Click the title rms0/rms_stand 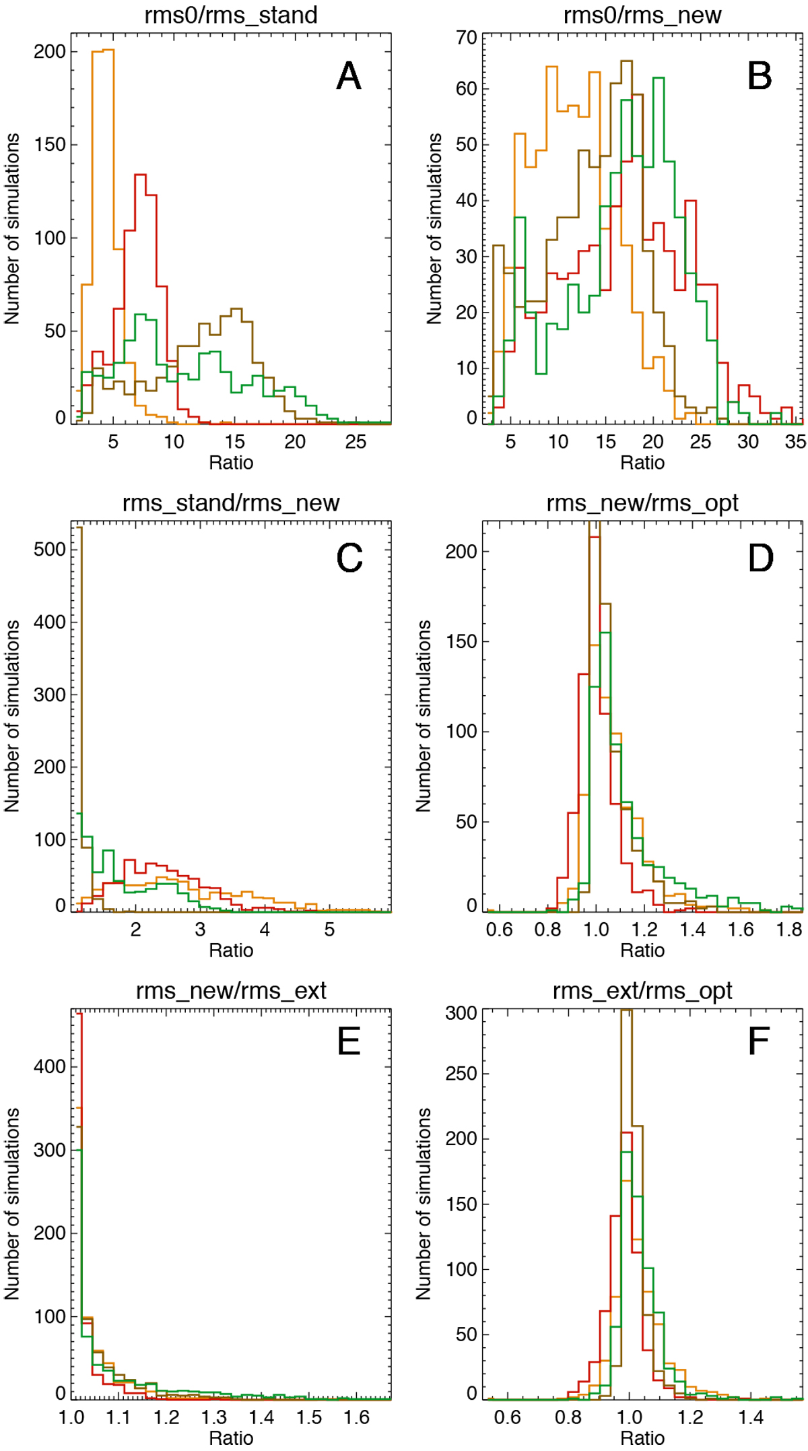231,15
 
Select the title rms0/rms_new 642,15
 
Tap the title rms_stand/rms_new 231,503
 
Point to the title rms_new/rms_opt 642,503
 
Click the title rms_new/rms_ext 231,991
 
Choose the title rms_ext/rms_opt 642,991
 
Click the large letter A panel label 349,76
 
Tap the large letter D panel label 760,558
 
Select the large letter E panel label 349,1042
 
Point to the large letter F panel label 759,1042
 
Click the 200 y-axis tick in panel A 50,52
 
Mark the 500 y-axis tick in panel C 50,550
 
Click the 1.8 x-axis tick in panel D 789,930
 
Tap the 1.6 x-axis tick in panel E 357,1418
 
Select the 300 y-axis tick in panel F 461,1014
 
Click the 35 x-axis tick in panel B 795,443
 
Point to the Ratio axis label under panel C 231,950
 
